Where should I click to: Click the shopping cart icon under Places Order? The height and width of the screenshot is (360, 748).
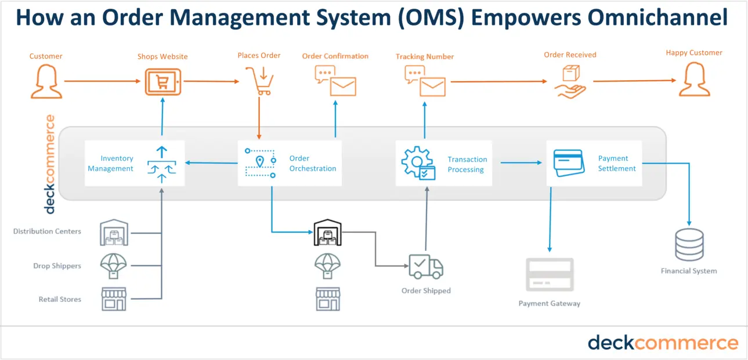click(258, 81)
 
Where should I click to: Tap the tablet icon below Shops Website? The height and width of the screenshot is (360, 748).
click(162, 81)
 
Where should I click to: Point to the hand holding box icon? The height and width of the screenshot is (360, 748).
click(569, 82)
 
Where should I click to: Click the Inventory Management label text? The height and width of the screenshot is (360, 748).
click(110, 163)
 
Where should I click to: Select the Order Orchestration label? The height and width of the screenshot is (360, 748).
click(312, 163)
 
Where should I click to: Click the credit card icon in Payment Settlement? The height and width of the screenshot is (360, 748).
click(569, 163)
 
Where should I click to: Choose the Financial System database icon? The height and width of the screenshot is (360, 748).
click(689, 244)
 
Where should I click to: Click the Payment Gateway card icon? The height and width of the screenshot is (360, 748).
click(549, 275)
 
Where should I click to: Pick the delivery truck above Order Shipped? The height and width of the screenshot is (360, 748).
click(425, 267)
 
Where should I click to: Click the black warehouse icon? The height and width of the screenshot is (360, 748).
click(327, 233)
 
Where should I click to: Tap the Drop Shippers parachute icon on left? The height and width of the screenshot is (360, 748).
click(114, 266)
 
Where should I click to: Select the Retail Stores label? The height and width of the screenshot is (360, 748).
click(60, 300)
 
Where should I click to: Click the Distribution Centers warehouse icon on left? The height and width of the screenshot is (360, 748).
click(114, 232)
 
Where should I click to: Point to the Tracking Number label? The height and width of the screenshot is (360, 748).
click(424, 57)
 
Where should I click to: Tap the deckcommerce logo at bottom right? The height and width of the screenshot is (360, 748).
click(663, 343)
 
